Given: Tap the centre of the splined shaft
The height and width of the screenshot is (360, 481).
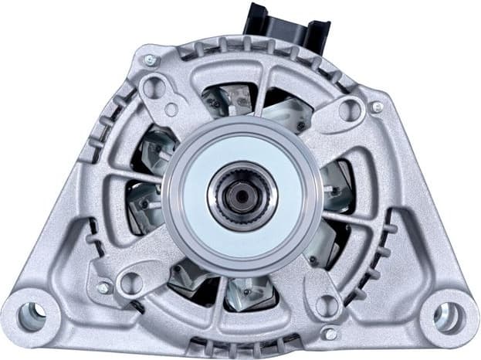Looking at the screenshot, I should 242,195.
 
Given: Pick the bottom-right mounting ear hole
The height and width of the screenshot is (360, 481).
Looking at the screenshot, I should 448,315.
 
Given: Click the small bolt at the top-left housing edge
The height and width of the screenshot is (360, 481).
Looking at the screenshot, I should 150,60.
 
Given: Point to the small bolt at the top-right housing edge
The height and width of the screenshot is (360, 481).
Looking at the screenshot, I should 376,107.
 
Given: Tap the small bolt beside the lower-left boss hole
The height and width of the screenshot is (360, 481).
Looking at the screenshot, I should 103,287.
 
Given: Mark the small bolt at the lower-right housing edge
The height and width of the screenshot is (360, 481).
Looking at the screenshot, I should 330,333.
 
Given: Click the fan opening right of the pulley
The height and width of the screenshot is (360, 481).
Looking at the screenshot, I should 336,185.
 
